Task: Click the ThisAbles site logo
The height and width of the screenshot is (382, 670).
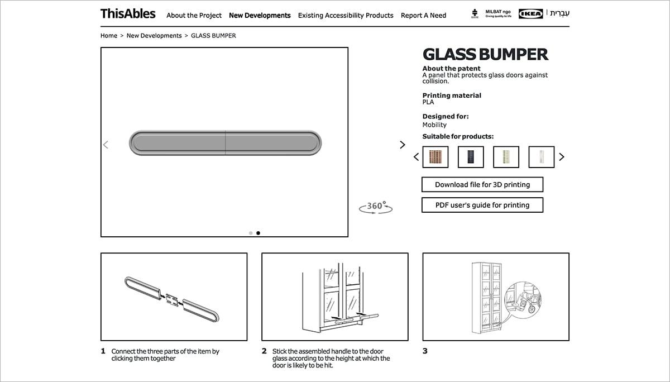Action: point(128,14)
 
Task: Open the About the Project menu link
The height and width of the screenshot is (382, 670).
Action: point(194,16)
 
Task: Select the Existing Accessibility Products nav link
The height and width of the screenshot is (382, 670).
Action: point(346,16)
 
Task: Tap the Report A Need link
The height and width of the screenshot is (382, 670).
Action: point(423,16)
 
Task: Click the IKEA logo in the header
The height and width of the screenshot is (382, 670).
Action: point(530,14)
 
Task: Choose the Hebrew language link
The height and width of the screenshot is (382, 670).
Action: point(560,13)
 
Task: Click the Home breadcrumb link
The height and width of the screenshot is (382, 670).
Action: point(109,36)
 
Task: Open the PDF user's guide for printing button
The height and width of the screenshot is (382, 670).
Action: point(482,205)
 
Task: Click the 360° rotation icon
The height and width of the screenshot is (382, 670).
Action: point(376,207)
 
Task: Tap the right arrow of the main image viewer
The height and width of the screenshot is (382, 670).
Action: point(403,145)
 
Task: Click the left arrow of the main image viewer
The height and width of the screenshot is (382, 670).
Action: point(106,145)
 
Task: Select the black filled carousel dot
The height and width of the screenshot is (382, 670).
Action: point(258,233)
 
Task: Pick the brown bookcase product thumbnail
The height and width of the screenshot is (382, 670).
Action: point(435,157)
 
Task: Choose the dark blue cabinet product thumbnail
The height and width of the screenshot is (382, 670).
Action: point(471,157)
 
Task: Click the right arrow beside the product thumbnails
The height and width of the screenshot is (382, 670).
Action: point(562,157)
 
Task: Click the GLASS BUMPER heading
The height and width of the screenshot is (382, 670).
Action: point(485,55)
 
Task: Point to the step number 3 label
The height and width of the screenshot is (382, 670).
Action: point(425,351)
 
